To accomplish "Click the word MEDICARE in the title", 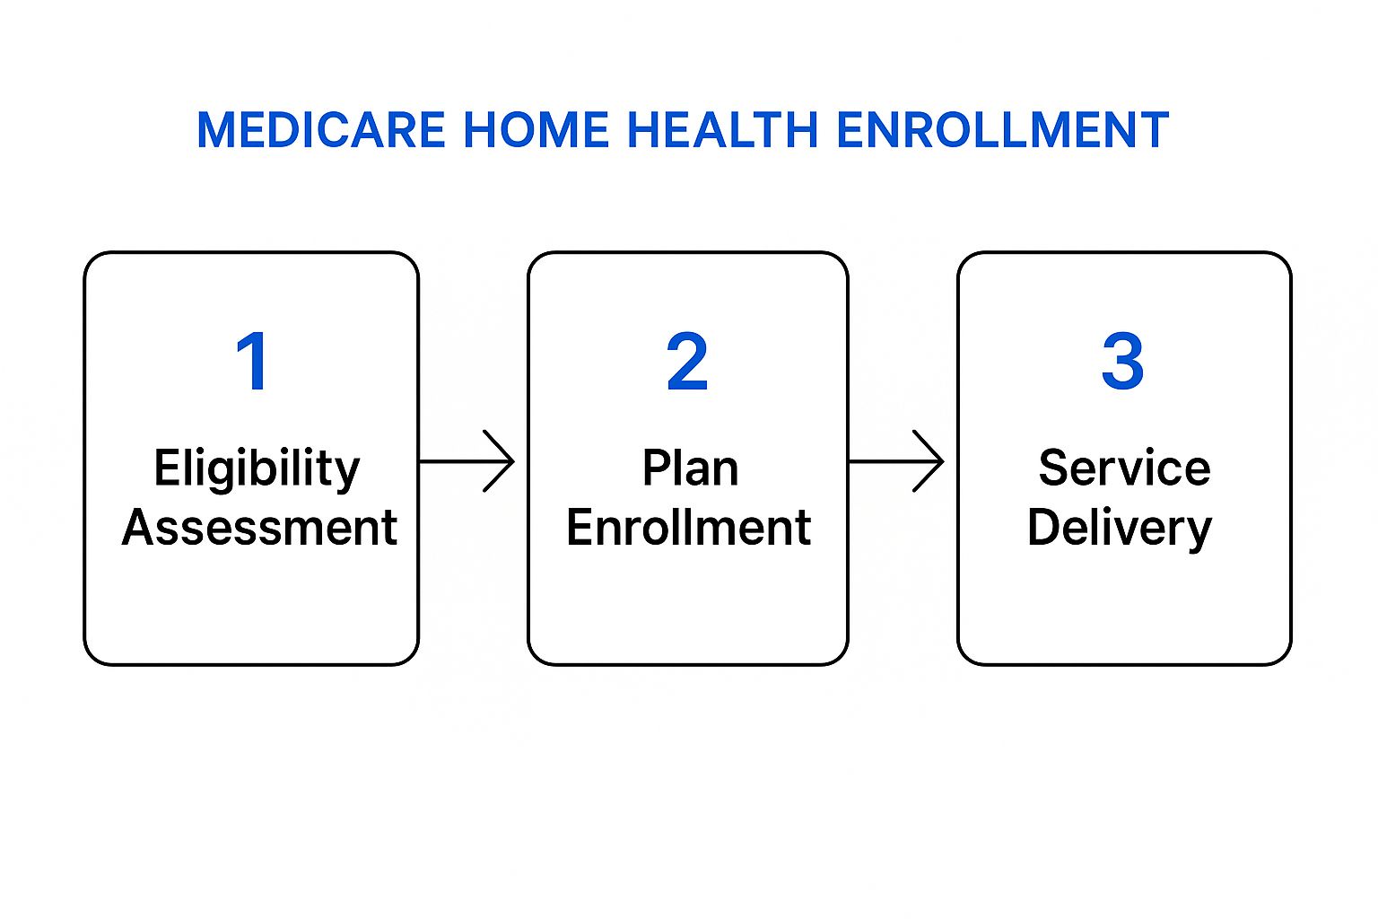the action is click(x=320, y=130).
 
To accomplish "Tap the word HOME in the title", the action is click(x=536, y=130).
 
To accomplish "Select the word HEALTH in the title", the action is click(x=722, y=130).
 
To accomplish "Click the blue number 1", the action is click(x=252, y=361).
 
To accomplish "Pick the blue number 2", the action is click(x=687, y=361).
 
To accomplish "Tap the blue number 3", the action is click(x=1122, y=361).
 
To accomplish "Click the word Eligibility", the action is click(x=257, y=469).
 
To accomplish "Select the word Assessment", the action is click(x=259, y=528).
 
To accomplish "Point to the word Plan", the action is click(x=690, y=468).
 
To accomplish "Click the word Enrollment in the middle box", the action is click(x=688, y=528).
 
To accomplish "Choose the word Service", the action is click(x=1124, y=468).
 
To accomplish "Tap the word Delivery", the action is click(x=1120, y=530).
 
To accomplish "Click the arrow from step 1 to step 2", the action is click(x=467, y=461).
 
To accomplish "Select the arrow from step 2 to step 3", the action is click(x=895, y=461).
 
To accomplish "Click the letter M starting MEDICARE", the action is click(x=215, y=130).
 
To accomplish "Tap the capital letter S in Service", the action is click(x=1054, y=468).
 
